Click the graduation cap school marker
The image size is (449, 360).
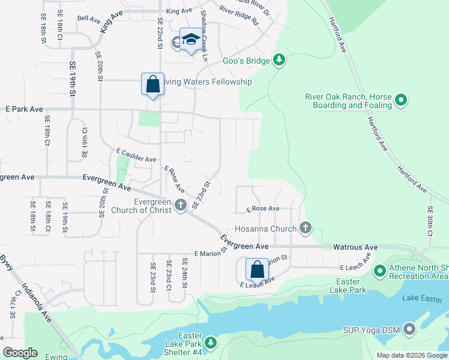[191, 40]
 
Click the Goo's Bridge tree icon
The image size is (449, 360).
[279, 60]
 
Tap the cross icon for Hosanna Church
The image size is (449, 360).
[306, 228]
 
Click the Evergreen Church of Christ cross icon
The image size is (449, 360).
[180, 206]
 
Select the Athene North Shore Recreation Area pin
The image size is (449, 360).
[379, 271]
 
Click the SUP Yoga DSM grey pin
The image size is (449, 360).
[410, 329]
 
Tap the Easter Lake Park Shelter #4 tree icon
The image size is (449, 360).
[210, 342]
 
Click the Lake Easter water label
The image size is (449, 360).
[422, 298]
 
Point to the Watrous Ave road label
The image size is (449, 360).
[355, 247]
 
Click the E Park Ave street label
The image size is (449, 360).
[25, 109]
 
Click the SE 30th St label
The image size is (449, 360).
[430, 220]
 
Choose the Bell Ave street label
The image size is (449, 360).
[89, 19]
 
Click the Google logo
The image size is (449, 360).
[20, 353]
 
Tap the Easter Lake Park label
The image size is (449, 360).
[348, 286]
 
